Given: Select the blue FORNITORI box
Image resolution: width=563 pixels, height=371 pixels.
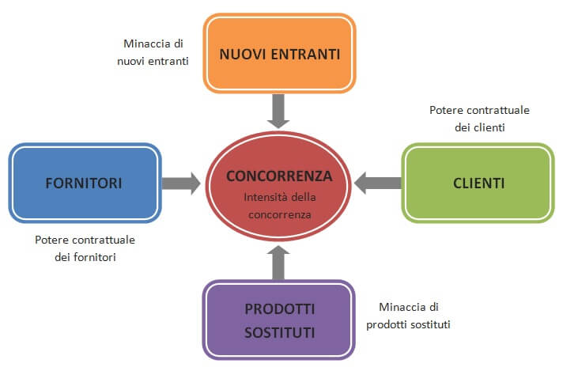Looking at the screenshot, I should tap(85, 183).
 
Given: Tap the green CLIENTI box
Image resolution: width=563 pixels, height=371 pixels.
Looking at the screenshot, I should tap(478, 183).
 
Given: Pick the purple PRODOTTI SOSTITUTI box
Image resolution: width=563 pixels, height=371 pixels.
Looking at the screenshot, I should tap(280, 320).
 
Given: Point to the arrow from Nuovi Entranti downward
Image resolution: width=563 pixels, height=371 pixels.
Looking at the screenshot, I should tap(279, 110).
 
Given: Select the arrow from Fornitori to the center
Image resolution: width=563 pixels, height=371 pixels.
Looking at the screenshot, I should tap(180, 184).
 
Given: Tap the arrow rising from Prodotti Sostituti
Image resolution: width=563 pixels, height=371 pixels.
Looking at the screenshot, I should tap(279, 262).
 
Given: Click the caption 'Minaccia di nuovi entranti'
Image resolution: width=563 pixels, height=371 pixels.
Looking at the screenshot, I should tap(156, 52).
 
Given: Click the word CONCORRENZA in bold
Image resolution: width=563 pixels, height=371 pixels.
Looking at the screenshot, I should tap(279, 176).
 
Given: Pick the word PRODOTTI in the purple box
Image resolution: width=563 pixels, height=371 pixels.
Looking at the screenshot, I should tap(280, 309).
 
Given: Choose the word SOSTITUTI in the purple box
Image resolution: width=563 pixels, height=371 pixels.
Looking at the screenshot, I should tap(280, 331).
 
